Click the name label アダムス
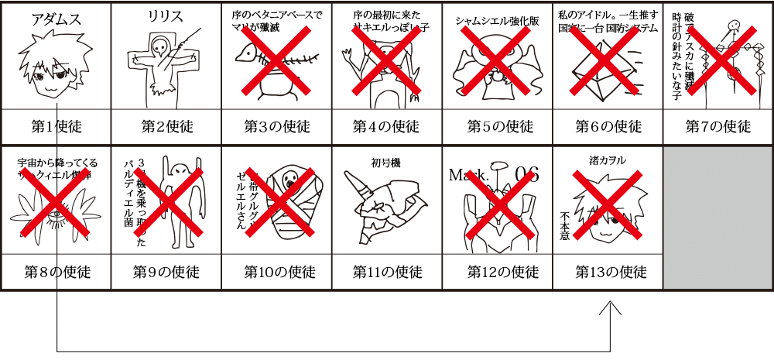click(56, 19)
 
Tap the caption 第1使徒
click(56, 126)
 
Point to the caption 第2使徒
click(166, 126)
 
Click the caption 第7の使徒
click(718, 126)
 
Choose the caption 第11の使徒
click(387, 273)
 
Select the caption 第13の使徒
click(608, 273)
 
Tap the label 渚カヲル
click(608, 160)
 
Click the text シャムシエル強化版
click(497, 21)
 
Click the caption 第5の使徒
click(498, 126)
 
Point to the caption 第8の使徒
click(56, 273)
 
